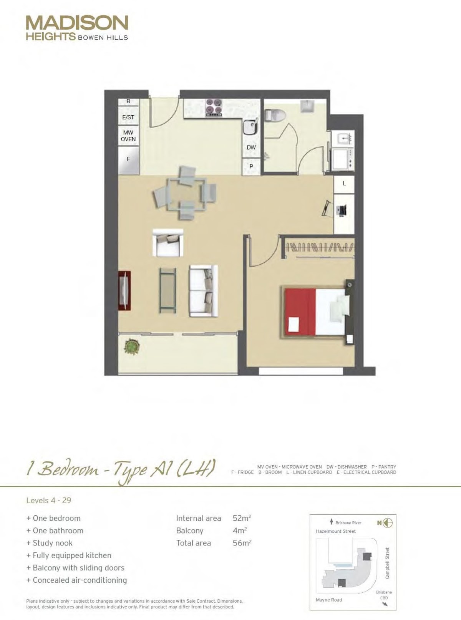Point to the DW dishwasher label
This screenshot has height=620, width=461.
pos(251,147)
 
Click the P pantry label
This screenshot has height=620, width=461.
pos(251,167)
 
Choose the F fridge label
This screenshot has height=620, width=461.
pos(128,159)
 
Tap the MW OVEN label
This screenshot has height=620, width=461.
pos(128,136)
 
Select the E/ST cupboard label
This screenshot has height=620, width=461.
pos(128,118)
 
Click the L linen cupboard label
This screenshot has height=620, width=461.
pos(345,184)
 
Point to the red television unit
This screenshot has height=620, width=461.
pos(124,290)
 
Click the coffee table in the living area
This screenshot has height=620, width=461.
pos(167,290)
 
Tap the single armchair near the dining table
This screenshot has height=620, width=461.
pos(168,243)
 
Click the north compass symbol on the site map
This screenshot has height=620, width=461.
pos(388,523)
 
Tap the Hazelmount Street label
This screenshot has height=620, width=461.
pos(336,531)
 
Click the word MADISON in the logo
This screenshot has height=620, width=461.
pos(77,23)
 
